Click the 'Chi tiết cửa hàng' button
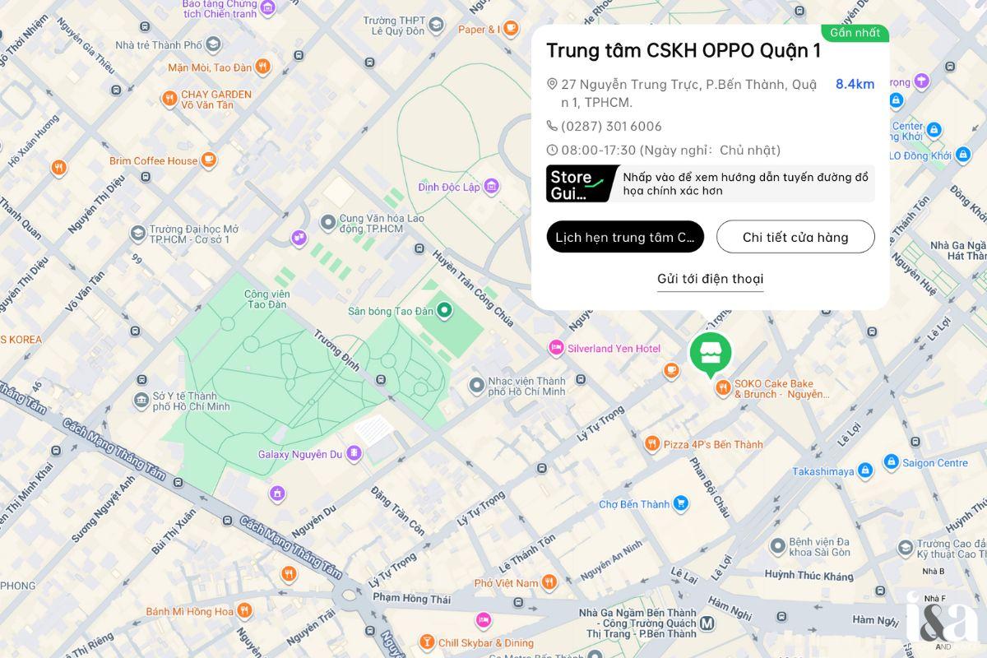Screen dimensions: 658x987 tap(795, 237)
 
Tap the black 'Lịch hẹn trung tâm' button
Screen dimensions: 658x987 tap(625, 237)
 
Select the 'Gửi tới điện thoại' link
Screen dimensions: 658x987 tap(710, 279)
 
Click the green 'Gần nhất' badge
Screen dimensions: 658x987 tap(855, 33)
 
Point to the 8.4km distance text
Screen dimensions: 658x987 tap(855, 84)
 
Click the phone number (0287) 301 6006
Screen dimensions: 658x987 tap(611, 126)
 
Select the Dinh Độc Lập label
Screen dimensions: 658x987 tap(448, 187)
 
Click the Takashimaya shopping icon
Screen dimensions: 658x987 tap(864, 471)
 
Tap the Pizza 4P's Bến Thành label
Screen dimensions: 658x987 tap(713, 444)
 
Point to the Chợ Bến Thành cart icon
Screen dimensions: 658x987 tap(680, 503)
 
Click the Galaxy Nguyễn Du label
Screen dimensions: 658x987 tap(299, 454)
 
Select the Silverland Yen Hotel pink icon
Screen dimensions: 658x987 tap(557, 348)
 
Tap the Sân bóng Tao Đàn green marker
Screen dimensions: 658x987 tap(445, 310)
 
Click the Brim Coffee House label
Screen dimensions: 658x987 tap(154, 160)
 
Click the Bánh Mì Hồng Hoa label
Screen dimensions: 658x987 tap(189, 611)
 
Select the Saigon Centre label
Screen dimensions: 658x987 tap(935, 463)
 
